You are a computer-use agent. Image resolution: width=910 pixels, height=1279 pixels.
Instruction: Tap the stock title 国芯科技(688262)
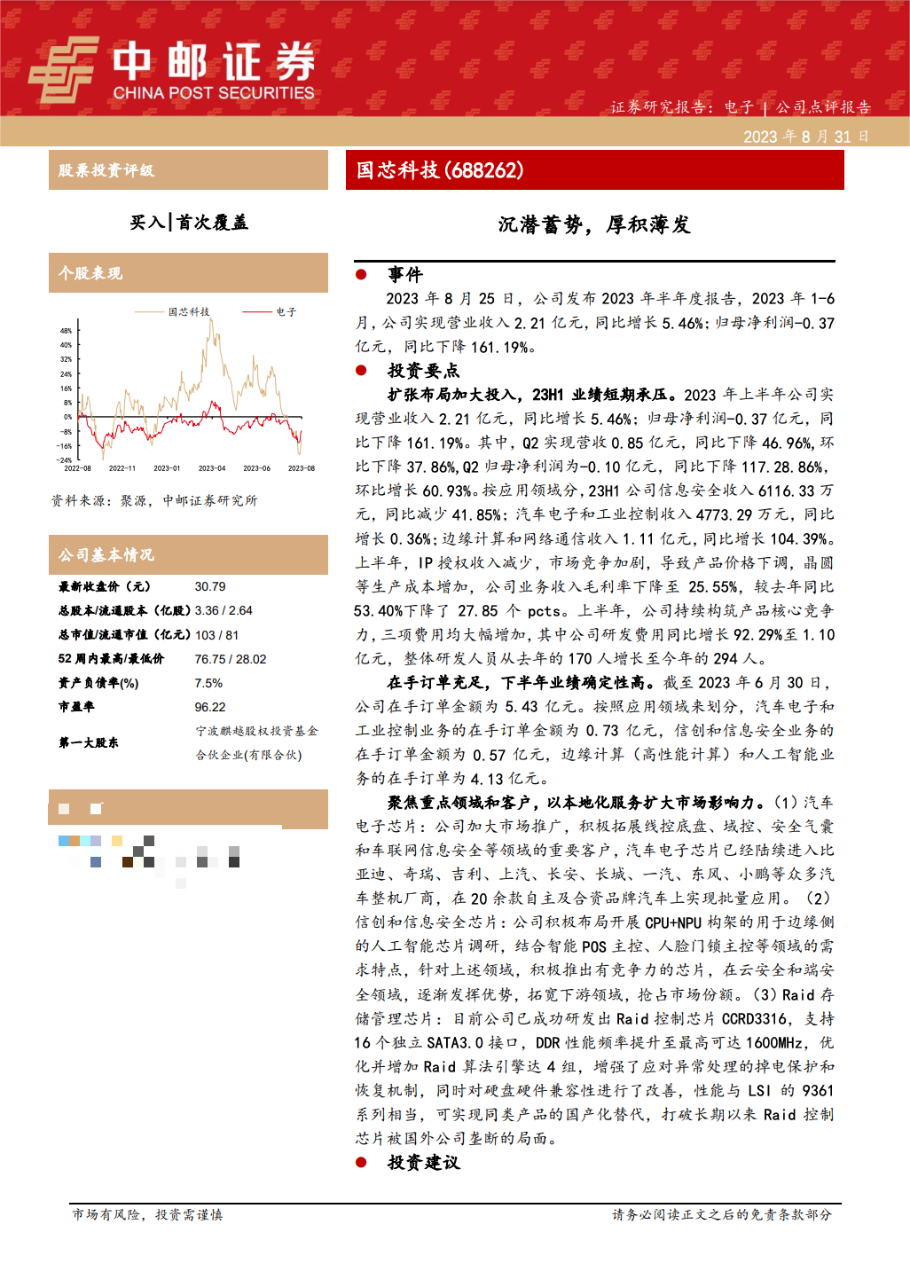coord(440,170)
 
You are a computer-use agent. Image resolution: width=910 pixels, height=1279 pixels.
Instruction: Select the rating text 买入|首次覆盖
coord(189,222)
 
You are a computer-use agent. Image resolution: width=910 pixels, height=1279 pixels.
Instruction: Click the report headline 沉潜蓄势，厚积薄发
coord(594,225)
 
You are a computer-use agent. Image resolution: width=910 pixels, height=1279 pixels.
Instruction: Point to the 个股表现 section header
coord(90,273)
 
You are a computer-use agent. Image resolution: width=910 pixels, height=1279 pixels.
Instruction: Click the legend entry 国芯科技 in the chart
coord(189,312)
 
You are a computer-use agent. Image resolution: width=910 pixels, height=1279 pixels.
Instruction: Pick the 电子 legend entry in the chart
coord(286,312)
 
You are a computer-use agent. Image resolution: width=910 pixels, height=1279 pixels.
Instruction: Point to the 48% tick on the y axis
coord(66,331)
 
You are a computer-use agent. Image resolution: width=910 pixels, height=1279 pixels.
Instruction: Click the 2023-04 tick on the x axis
coord(212,468)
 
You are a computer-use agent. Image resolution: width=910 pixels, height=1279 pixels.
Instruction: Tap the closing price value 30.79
coord(210,586)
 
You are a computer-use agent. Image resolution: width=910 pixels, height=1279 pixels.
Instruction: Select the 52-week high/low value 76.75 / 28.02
coord(231,659)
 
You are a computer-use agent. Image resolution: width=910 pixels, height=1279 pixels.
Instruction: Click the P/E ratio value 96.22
coord(210,707)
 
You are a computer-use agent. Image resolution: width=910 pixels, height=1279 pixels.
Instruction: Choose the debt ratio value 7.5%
coord(208,683)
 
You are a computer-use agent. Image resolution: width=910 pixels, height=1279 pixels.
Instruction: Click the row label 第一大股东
coord(89,742)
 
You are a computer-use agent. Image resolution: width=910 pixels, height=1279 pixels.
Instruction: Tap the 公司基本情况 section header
coord(106,555)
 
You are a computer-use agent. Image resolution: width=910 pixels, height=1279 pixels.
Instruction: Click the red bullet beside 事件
coord(361,275)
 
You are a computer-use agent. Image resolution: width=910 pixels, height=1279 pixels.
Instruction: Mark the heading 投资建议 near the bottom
coord(424,1163)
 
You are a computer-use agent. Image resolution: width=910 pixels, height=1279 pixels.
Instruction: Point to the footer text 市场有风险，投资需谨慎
coord(147,1214)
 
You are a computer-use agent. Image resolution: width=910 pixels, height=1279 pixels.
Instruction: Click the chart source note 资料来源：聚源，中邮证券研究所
coord(154,500)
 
